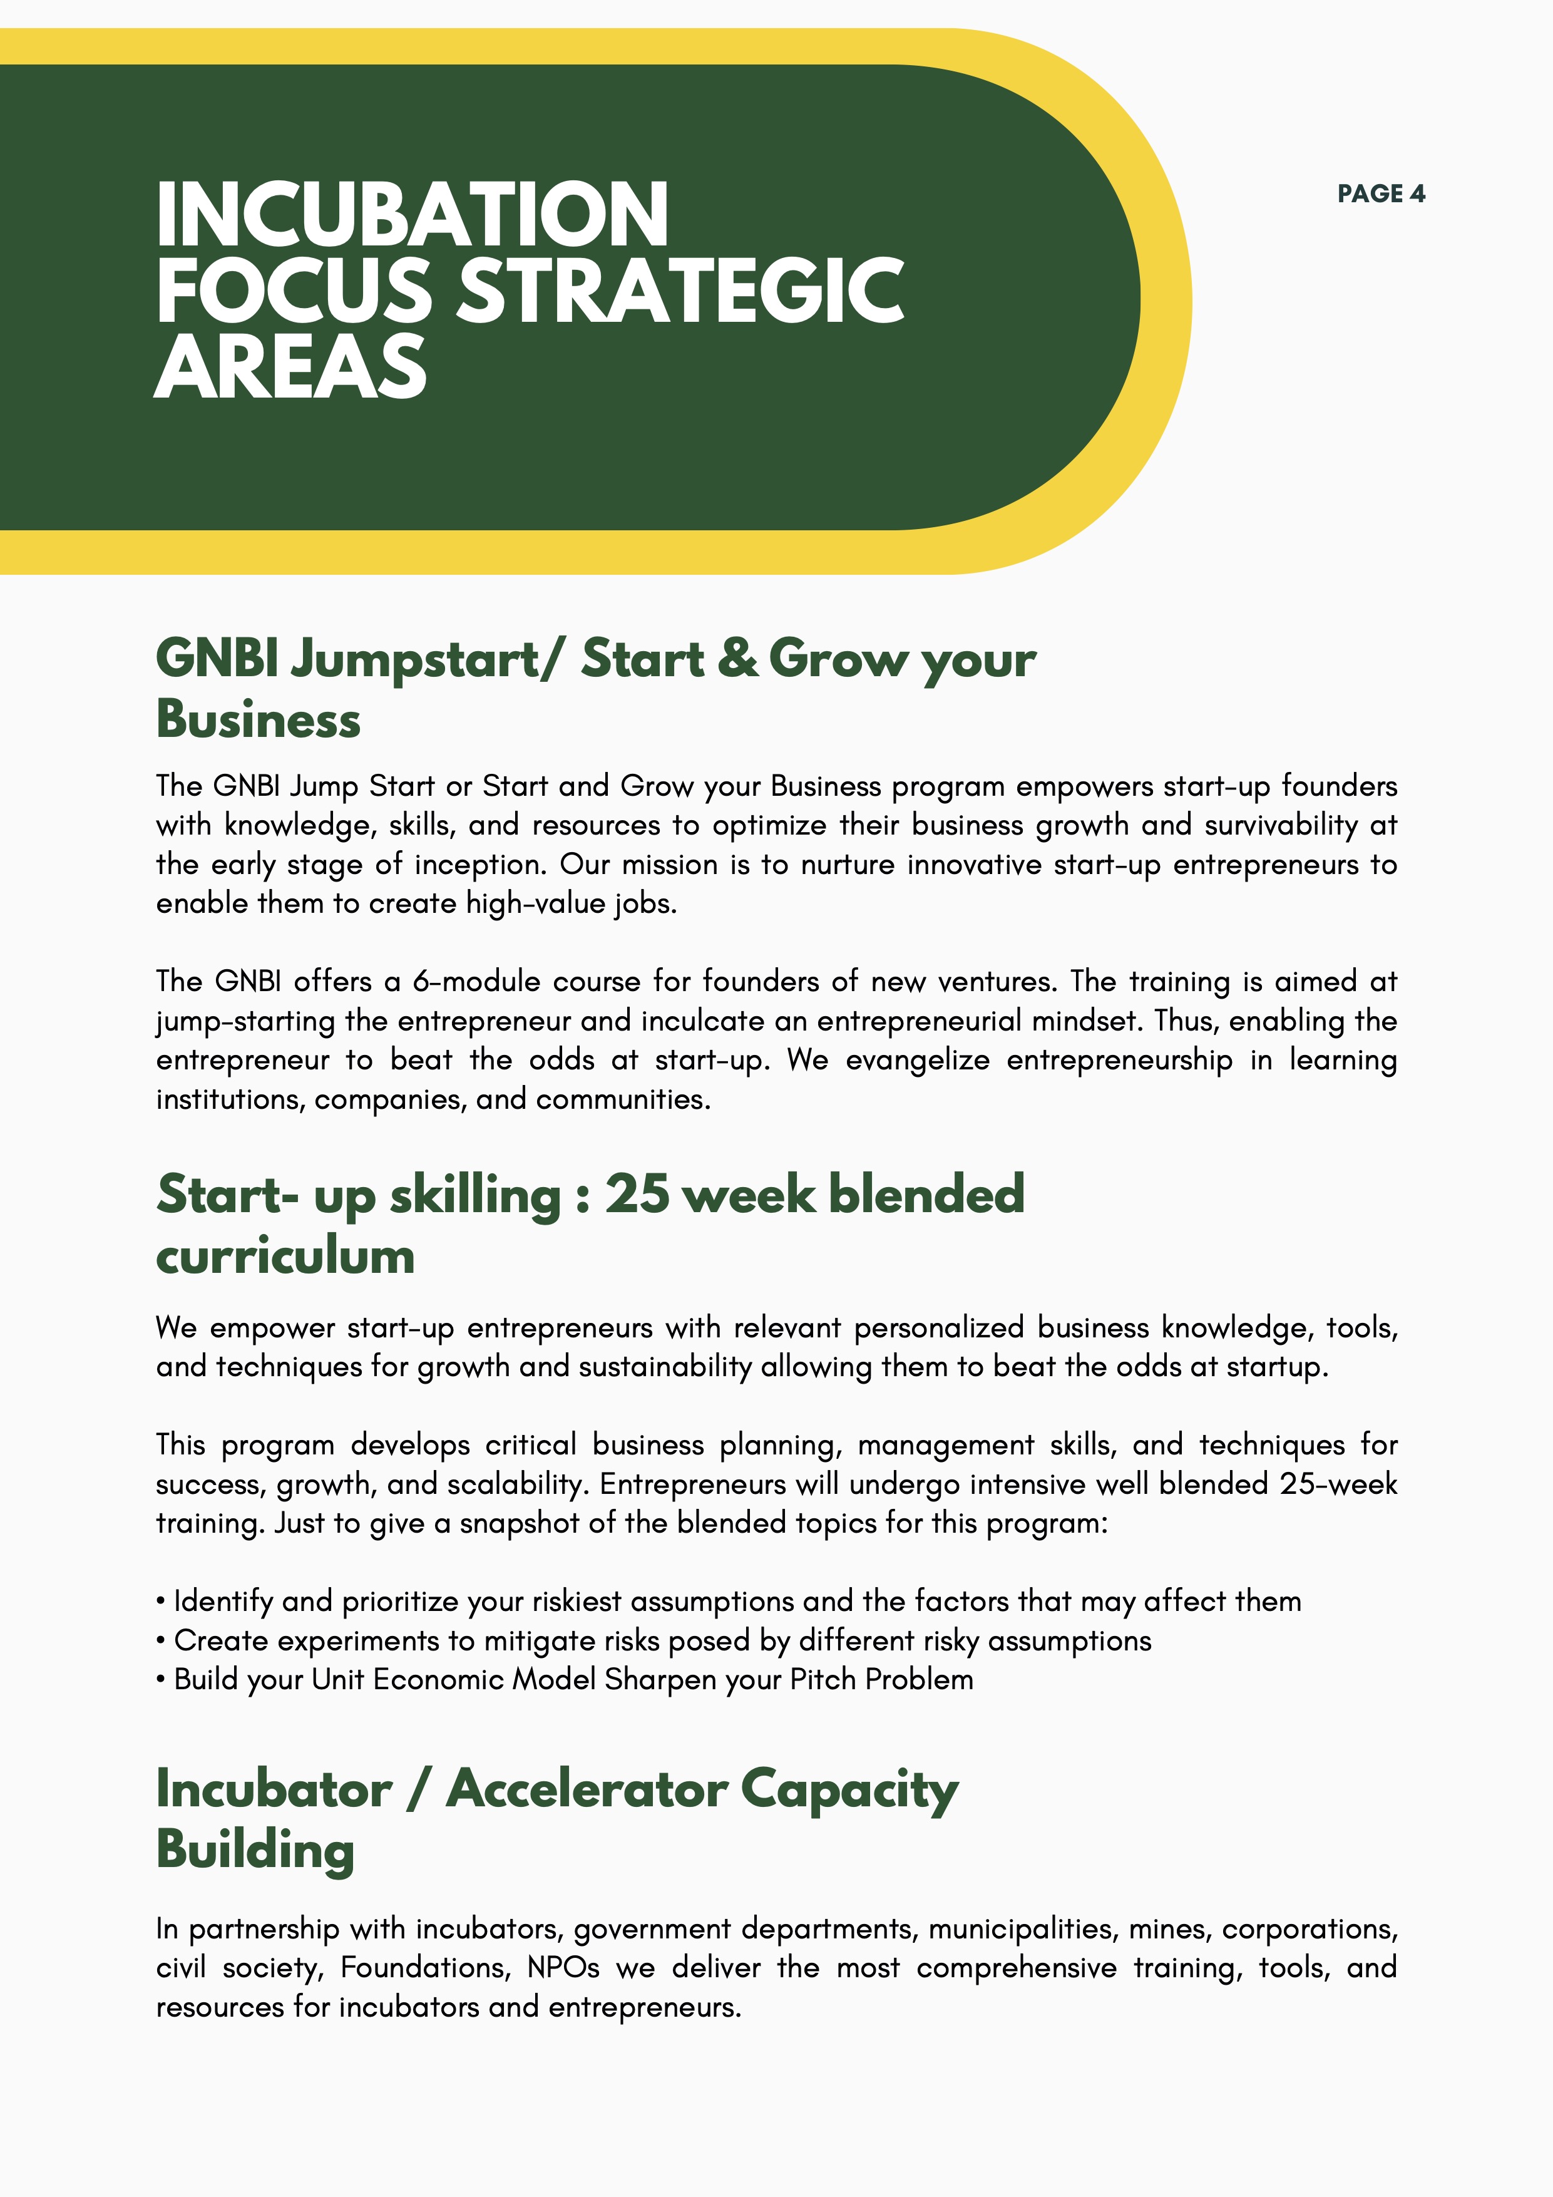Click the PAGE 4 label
[1381, 194]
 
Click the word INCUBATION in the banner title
[411, 215]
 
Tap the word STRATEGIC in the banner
[680, 292]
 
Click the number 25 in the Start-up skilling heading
[637, 1195]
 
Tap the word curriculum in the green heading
[285, 1257]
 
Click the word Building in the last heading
[255, 1850]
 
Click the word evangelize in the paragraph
[916, 1060]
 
